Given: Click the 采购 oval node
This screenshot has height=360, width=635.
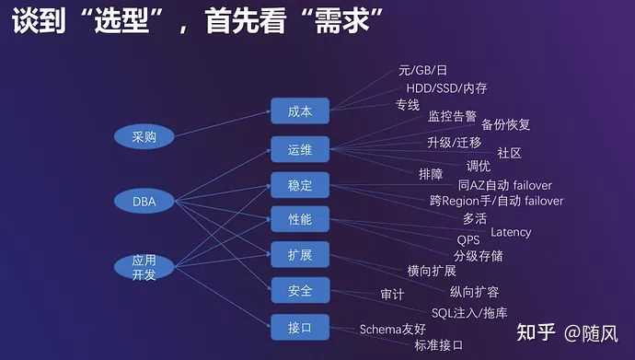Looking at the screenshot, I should [144, 137].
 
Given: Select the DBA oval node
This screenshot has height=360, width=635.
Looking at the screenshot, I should [144, 199].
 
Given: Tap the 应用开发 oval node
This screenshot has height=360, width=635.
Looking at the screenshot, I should [144, 266].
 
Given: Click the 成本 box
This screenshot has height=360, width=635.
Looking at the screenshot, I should [300, 111].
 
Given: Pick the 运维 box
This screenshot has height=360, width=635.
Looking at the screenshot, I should [300, 149].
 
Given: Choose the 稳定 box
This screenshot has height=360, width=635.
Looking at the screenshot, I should [300, 185].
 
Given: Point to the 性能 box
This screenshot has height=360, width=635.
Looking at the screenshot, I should [300, 220].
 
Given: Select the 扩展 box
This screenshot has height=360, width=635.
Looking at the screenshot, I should [300, 255].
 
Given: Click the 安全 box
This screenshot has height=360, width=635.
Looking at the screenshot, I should [300, 290].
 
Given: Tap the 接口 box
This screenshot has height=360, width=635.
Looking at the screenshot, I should [300, 327].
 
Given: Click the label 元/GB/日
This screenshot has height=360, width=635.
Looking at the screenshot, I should [422, 71].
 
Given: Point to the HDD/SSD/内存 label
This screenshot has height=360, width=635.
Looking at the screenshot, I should [446, 88].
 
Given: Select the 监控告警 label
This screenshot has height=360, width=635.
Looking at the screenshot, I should [452, 116].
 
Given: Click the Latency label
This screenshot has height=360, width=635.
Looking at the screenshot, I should [511, 232].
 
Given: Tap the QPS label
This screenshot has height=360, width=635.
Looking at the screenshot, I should [469, 240].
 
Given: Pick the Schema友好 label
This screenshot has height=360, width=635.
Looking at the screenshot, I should [392, 329].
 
